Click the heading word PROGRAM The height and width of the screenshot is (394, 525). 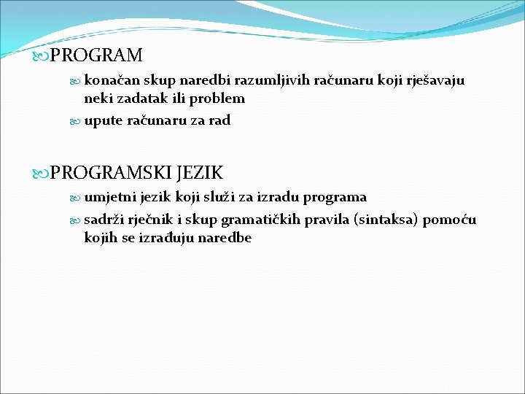(x=96, y=55)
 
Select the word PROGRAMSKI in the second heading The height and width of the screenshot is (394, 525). (x=111, y=174)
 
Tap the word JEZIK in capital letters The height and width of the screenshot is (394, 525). (x=198, y=174)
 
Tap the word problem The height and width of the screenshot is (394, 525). (x=217, y=98)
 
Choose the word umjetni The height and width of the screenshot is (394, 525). (x=108, y=197)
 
